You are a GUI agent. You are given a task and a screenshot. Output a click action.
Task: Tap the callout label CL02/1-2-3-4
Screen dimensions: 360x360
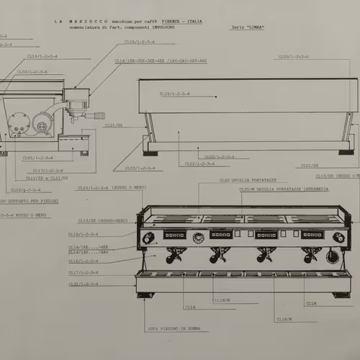point(219,156)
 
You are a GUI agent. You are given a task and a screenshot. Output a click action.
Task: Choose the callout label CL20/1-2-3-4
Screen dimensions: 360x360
point(200,163)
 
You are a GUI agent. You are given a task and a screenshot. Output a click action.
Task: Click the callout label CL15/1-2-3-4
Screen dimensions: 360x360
point(84,234)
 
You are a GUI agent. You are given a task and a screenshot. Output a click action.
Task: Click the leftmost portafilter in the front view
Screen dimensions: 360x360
point(174,257)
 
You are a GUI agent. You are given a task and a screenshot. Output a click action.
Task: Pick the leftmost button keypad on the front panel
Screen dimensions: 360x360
point(174,235)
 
